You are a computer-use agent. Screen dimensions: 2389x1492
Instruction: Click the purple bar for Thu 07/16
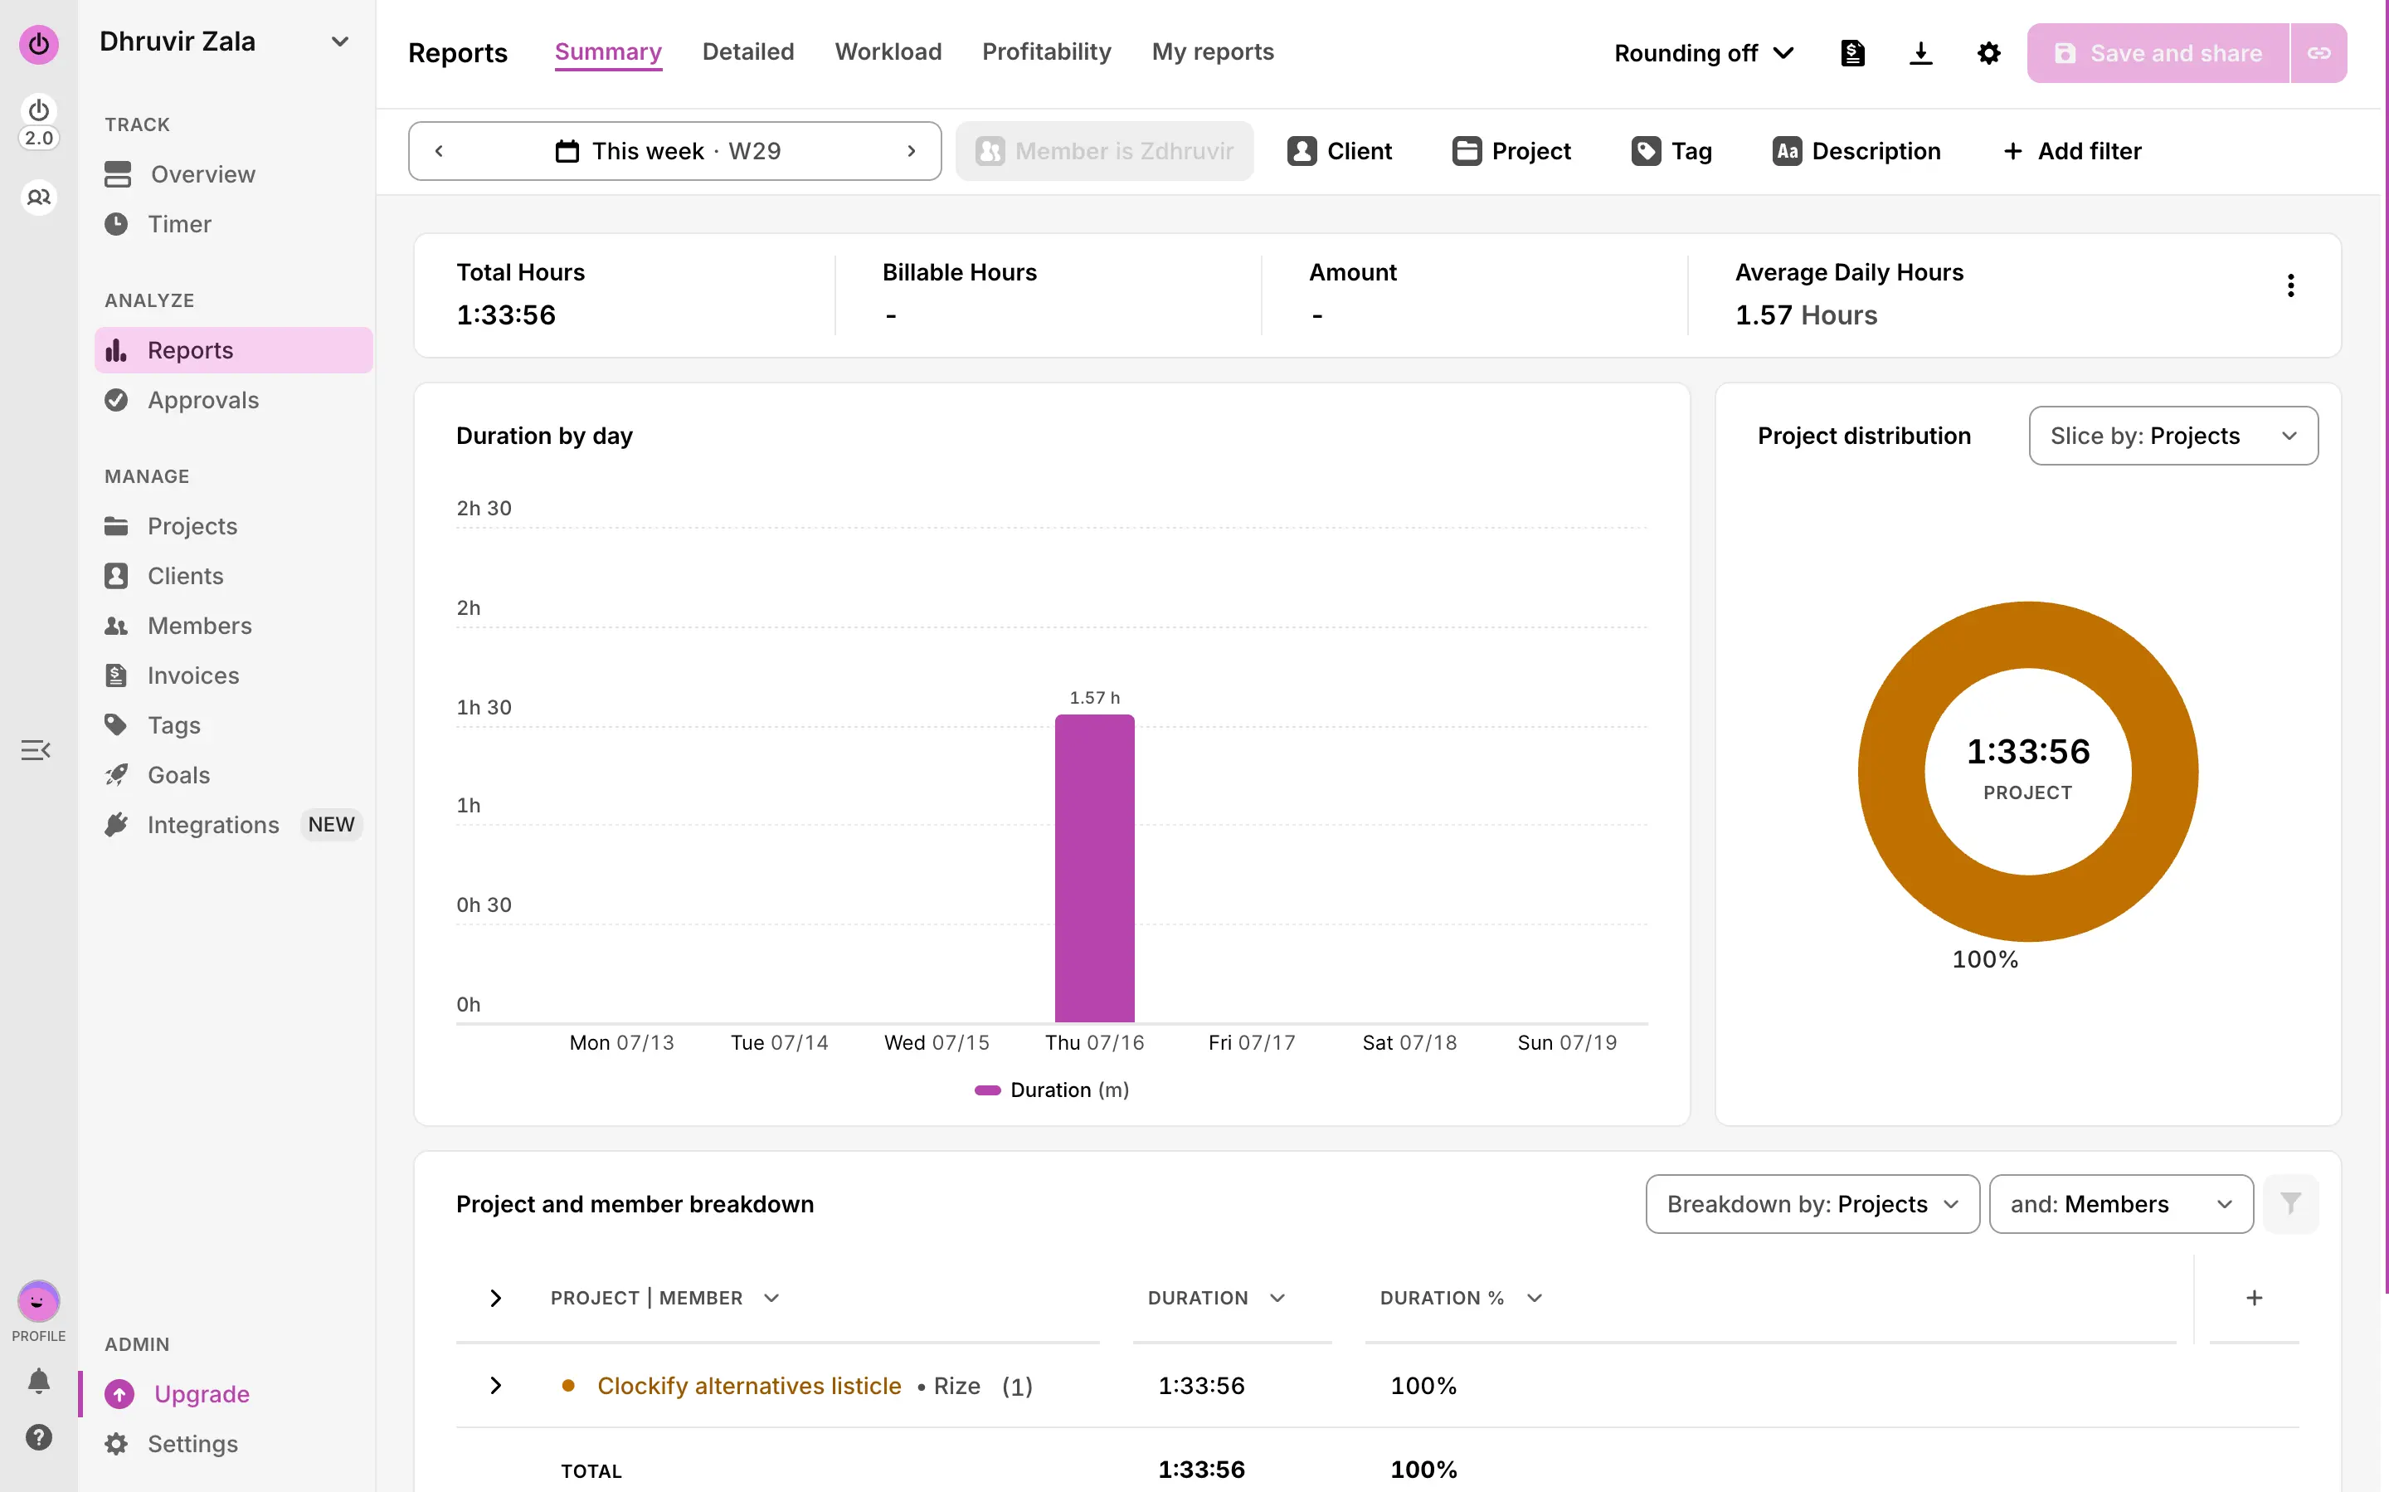pyautogui.click(x=1094, y=868)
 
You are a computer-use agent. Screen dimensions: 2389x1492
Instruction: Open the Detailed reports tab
pyautogui.click(x=747, y=51)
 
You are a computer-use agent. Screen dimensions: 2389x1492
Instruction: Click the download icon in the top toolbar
pyautogui.click(x=1920, y=53)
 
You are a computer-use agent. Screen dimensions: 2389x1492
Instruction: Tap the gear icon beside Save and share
pyautogui.click(x=1988, y=53)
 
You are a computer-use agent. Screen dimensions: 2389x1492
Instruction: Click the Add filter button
pyautogui.click(x=2072, y=151)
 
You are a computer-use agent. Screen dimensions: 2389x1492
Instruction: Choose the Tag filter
pyautogui.click(x=1672, y=151)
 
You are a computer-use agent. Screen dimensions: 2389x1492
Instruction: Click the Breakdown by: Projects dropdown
pyautogui.click(x=1812, y=1204)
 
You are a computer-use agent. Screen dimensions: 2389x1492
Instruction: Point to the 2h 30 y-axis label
pyautogui.click(x=484, y=508)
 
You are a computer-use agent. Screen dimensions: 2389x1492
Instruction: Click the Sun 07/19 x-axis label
pyautogui.click(x=1566, y=1042)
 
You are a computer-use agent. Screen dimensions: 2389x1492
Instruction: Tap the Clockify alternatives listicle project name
pyautogui.click(x=749, y=1386)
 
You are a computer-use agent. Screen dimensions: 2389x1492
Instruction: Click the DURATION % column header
pyautogui.click(x=1441, y=1298)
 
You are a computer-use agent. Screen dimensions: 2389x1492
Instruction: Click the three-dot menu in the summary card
pyautogui.click(x=2289, y=286)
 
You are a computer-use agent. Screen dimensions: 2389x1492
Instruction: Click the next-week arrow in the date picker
pyautogui.click(x=911, y=151)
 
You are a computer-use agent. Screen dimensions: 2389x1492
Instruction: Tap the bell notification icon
pyautogui.click(x=38, y=1381)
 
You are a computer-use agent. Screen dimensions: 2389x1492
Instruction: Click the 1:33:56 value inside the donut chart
pyautogui.click(x=2028, y=751)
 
